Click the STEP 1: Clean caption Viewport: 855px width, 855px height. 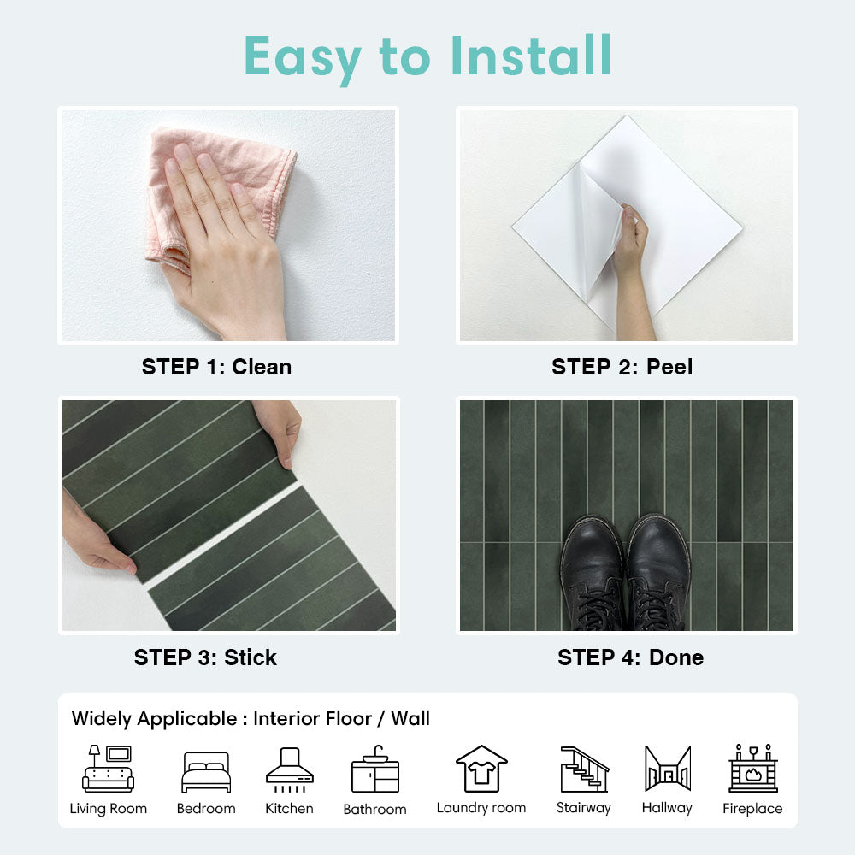[x=216, y=367]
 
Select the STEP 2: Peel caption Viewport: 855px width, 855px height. [x=622, y=367]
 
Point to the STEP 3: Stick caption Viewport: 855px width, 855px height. [x=205, y=657]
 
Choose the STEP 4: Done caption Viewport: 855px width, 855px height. [x=630, y=657]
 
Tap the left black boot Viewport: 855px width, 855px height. [x=593, y=574]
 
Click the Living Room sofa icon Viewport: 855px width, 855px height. [x=108, y=769]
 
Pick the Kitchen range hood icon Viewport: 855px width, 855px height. [x=290, y=769]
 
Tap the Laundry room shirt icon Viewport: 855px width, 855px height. [x=481, y=769]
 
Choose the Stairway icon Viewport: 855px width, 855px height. [x=584, y=769]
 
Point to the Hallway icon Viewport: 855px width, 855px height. [x=668, y=769]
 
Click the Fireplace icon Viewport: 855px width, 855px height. [x=753, y=768]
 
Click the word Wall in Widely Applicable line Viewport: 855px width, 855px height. [x=410, y=718]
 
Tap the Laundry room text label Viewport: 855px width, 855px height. [x=481, y=808]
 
